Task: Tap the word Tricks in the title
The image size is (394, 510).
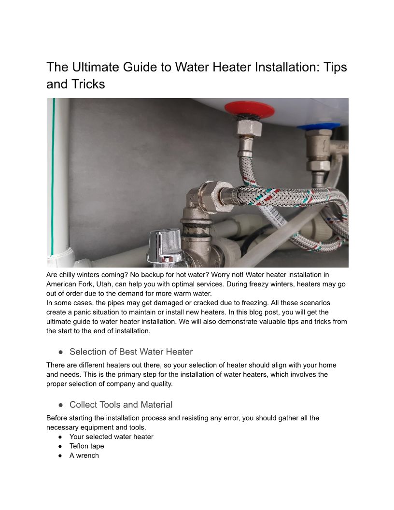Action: tap(88, 84)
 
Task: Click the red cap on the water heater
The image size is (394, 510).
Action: tap(249, 110)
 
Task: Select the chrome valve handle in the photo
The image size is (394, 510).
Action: tap(165, 245)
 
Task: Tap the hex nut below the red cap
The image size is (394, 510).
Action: tap(249, 128)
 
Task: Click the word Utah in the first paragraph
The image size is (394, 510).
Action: tap(104, 284)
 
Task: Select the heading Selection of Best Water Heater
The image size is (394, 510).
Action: tap(131, 352)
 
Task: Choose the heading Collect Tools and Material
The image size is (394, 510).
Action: tap(121, 405)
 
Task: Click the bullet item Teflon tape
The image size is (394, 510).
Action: tap(86, 446)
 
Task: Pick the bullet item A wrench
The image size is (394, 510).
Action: tap(84, 455)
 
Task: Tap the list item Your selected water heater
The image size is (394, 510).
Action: tap(111, 437)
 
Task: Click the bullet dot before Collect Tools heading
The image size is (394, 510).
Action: tap(60, 405)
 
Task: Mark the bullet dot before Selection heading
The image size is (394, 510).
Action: tap(60, 352)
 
